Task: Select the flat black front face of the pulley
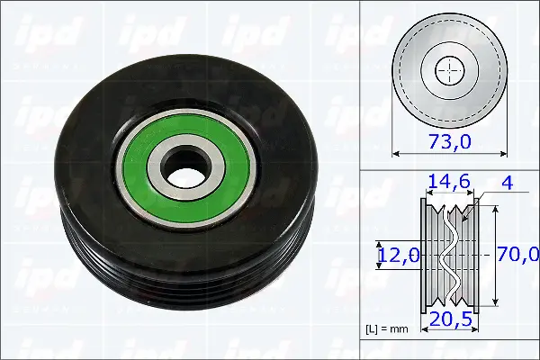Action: coord(99,135)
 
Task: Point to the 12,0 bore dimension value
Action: coord(398,256)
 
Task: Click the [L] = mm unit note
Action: coord(387,329)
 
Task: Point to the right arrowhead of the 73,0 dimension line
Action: coord(506,153)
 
